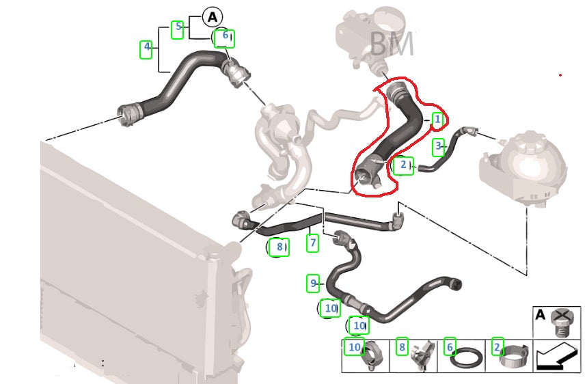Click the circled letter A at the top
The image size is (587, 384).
coord(213,17)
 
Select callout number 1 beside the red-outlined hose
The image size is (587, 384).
coord(437,120)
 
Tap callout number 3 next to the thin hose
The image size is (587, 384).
coord(439,147)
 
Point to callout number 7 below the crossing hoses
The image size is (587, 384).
coord(312,243)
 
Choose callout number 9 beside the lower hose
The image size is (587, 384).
coord(313,284)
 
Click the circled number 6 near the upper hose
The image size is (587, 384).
coord(225,38)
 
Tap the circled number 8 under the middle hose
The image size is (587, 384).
coord(279,247)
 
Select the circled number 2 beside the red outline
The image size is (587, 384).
coord(402,165)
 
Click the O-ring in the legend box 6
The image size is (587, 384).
coord(466,359)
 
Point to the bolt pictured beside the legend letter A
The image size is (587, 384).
coord(562,323)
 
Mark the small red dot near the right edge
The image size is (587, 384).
coord(560,75)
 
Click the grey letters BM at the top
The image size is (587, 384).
coord(392,44)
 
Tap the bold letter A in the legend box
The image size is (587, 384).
coord(541,315)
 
